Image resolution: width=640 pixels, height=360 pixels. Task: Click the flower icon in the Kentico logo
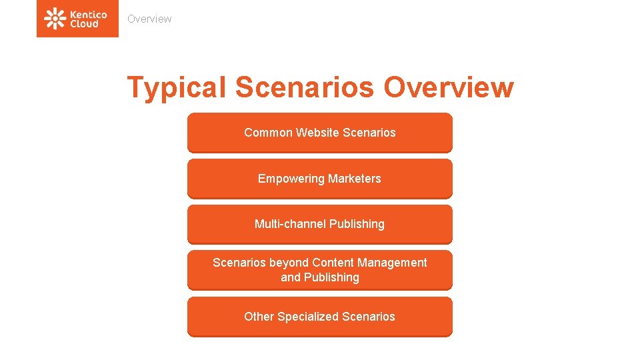[x=55, y=19]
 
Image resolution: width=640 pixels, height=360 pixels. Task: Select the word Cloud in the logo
[x=84, y=24]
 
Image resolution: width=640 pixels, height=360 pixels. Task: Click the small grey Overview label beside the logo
[x=149, y=19]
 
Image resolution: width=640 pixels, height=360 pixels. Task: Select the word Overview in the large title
[x=449, y=87]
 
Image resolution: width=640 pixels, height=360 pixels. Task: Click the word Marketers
[x=354, y=178]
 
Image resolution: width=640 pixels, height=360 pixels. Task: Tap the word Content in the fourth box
[x=333, y=263]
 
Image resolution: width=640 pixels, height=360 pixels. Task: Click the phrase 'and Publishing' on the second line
[x=320, y=277]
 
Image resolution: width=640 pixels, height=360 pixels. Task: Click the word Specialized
[x=307, y=317]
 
